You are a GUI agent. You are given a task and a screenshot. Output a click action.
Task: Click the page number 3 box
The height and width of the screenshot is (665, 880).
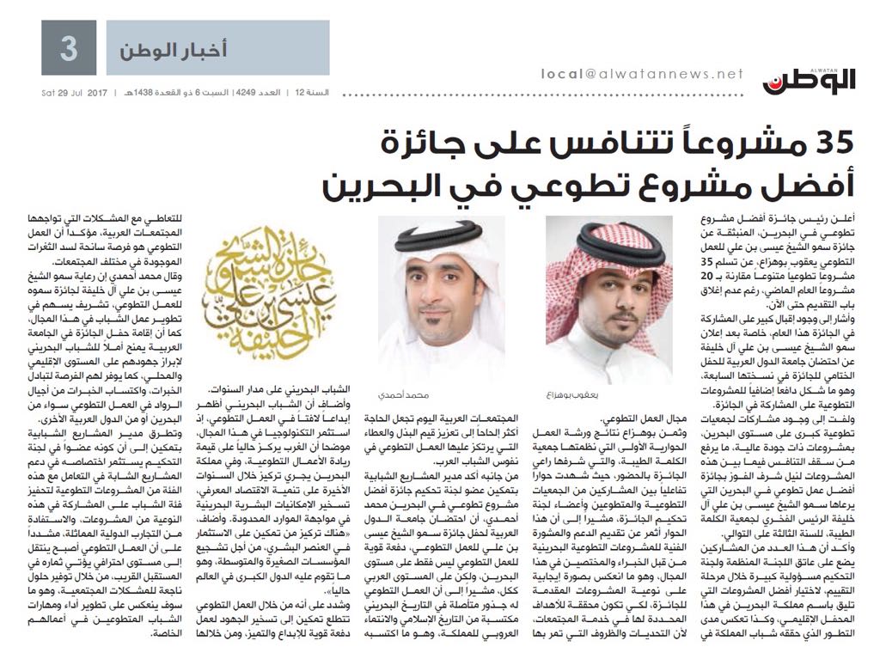69,47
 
